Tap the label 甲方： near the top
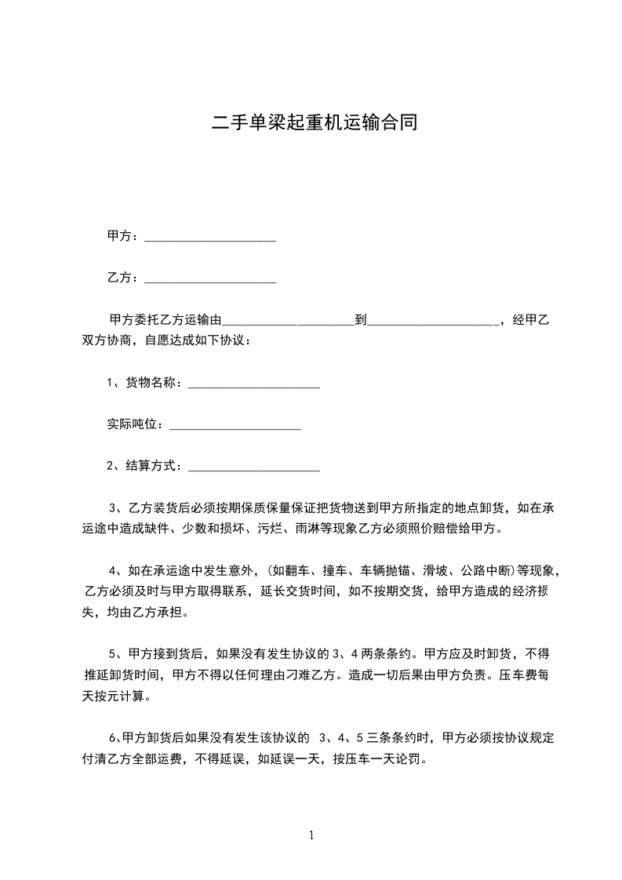[x=123, y=235]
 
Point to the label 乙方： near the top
[x=123, y=277]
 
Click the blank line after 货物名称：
[x=254, y=385]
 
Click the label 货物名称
[x=155, y=383]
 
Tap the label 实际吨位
[x=135, y=424]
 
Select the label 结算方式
[x=155, y=466]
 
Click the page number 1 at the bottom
[x=311, y=835]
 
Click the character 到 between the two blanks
[x=361, y=320]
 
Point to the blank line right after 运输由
[x=289, y=322]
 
